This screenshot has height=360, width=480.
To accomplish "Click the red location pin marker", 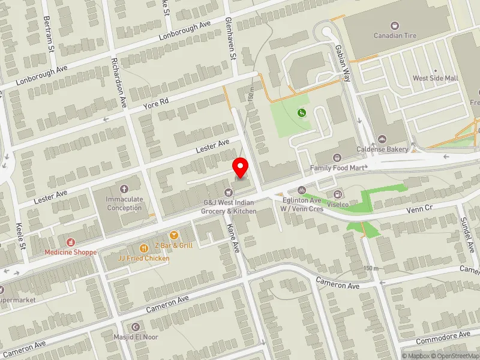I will tap(241, 167).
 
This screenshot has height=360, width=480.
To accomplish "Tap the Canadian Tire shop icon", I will tap(394, 26).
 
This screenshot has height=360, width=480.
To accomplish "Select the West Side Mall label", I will tap(435, 79).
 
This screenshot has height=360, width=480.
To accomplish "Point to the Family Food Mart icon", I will tap(337, 158).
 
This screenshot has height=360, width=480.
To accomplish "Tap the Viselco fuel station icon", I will tap(338, 194).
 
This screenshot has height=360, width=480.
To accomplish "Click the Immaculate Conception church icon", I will tap(125, 189).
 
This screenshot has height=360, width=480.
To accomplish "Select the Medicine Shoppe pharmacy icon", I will tap(71, 242).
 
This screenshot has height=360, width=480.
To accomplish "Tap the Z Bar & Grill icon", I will tap(174, 235).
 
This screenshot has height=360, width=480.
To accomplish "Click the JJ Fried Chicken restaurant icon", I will tap(144, 248).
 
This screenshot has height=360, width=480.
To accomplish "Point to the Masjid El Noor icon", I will tap(135, 327).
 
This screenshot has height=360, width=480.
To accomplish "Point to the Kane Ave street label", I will tap(233, 238).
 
